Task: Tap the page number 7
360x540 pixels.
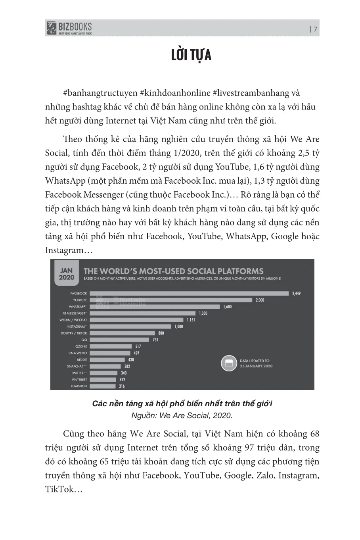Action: click(315, 29)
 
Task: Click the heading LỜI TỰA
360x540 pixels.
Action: click(191, 56)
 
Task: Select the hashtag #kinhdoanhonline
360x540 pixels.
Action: click(175, 93)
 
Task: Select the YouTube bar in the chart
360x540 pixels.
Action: click(171, 300)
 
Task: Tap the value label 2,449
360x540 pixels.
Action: click(296, 294)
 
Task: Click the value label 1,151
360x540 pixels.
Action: click(191, 320)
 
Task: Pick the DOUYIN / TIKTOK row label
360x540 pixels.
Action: click(74, 333)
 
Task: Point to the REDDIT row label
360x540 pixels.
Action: click(82, 360)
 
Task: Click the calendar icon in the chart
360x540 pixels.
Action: click(229, 363)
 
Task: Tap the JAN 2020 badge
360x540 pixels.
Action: click(66, 274)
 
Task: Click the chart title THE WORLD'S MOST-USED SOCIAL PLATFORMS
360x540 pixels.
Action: click(173, 271)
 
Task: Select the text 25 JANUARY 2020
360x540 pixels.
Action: click(256, 366)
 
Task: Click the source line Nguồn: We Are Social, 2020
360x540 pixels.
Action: click(182, 415)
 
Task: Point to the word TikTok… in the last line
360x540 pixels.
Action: click(63, 489)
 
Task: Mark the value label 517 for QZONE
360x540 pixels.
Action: click(138, 346)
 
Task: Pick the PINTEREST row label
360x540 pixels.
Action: click(79, 380)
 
